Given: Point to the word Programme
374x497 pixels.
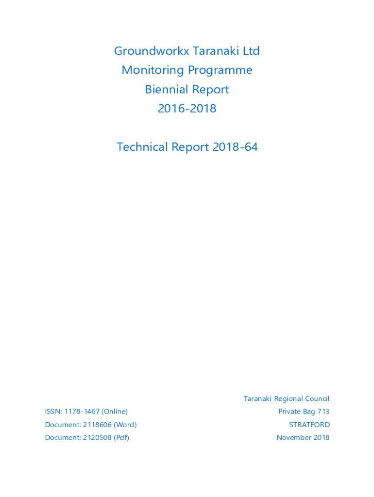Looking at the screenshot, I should (x=220, y=70).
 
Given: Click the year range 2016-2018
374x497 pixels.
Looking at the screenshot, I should (x=187, y=108).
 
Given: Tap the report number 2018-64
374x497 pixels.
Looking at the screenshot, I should (x=235, y=147).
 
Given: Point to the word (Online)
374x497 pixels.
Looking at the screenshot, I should (x=115, y=412).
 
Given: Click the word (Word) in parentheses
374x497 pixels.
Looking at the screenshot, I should (x=125, y=425).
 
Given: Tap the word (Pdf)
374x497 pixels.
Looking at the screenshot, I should (x=121, y=438).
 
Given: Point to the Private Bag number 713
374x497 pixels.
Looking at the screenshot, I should (x=323, y=412).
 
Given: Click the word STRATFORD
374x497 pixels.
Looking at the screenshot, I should (x=309, y=425).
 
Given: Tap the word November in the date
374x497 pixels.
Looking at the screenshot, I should (x=294, y=438).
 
